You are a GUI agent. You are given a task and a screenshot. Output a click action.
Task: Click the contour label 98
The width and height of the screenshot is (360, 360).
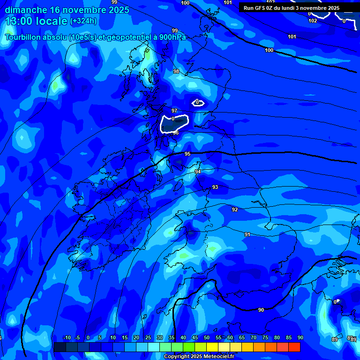click(176, 71)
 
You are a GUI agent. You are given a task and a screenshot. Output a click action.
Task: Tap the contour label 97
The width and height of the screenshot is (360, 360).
click(174, 111)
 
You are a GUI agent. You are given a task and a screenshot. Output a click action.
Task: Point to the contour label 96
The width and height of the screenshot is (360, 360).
click(176, 133)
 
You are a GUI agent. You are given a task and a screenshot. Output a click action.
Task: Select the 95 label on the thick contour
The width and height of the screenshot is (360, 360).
click(187, 154)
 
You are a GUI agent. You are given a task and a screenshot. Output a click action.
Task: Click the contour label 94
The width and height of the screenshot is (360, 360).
click(198, 172)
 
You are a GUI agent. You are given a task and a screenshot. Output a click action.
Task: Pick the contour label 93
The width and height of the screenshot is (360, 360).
click(215, 187)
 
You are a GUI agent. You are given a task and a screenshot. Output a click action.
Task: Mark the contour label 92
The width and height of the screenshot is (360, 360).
click(235, 210)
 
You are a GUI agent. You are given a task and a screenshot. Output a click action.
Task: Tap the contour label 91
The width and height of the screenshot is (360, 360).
click(247, 234)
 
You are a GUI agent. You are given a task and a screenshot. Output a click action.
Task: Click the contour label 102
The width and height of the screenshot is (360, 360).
click(313, 21)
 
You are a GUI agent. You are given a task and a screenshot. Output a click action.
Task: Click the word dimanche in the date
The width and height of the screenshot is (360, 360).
click(26, 10)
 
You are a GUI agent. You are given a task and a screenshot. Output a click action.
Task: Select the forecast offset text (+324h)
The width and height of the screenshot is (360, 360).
click(83, 21)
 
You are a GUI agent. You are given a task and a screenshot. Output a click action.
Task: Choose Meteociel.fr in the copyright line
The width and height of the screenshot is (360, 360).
click(218, 357)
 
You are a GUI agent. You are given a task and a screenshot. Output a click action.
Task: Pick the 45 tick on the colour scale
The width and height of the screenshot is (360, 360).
click(195, 338)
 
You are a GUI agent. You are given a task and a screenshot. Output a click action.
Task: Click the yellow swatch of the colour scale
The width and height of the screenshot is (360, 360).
click(212, 347)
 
